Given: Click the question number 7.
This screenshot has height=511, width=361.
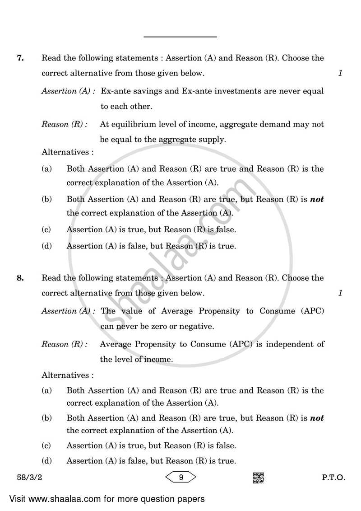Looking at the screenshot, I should tap(20, 58).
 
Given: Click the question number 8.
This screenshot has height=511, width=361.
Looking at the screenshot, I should tap(20, 278).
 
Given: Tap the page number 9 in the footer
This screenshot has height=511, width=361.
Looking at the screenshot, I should tap(180, 477).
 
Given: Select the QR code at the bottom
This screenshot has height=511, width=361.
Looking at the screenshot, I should tap(258, 477).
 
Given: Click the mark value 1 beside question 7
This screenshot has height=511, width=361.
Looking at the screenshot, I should tap(340, 73).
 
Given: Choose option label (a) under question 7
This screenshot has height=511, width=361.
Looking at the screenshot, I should tap(46, 169).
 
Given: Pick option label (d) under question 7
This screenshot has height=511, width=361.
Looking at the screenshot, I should tap(46, 246).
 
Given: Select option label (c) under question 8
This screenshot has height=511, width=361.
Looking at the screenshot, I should tap(46, 446).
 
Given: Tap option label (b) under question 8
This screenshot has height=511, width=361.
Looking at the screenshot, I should tap(46, 418).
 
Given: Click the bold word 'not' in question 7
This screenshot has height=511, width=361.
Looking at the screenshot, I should tap(317, 199).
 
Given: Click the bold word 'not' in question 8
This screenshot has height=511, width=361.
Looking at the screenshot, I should tap(317, 418).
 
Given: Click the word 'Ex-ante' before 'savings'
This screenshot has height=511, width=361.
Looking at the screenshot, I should tap(115, 91).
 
